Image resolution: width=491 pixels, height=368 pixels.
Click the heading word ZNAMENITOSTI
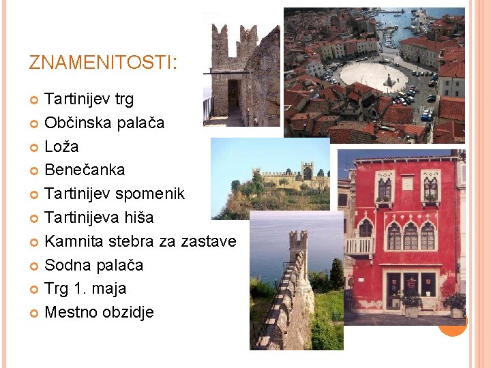(x=102, y=63)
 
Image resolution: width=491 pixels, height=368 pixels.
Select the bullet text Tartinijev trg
(x=89, y=99)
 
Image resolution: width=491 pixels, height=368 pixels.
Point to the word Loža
(x=61, y=147)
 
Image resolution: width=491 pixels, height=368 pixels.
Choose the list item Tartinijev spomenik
(x=114, y=194)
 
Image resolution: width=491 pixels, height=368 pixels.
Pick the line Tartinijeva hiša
(x=99, y=218)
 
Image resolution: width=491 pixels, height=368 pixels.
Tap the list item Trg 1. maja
(x=85, y=289)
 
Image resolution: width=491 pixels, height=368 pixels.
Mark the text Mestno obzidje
(x=99, y=313)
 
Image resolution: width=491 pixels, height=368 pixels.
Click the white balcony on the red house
(x=359, y=246)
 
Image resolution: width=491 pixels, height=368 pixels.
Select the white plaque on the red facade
(x=408, y=183)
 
